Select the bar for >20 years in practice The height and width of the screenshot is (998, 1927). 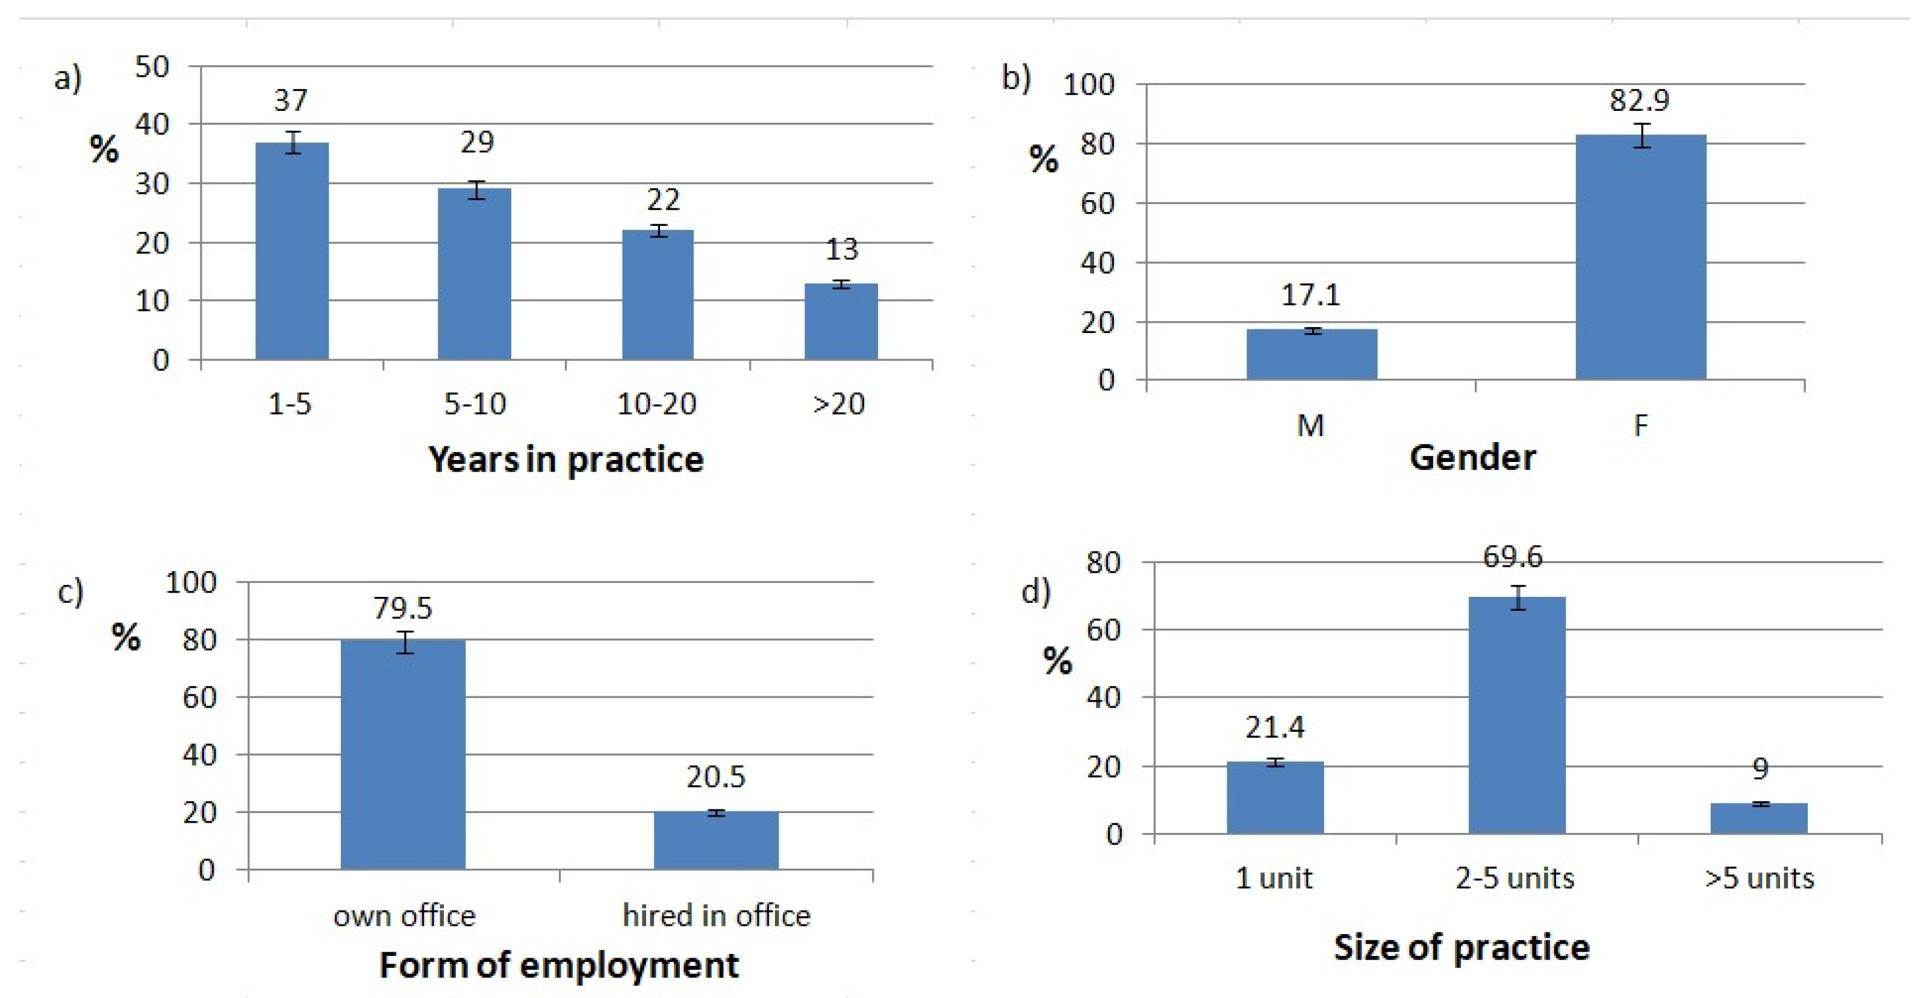(x=841, y=322)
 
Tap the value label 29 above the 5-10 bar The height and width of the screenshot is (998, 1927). (x=476, y=142)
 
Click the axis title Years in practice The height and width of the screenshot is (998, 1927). (x=565, y=460)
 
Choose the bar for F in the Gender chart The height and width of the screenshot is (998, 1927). (x=1641, y=258)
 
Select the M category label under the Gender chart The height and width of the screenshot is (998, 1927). (x=1310, y=426)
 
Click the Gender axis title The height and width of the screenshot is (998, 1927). (x=1472, y=457)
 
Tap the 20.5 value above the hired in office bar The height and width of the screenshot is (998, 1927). (x=716, y=778)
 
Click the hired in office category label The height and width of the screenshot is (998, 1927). (x=716, y=915)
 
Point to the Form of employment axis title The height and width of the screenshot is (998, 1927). (x=559, y=965)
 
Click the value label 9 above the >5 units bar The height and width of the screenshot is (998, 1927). (x=1761, y=769)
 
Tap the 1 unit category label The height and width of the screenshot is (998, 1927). (x=1274, y=878)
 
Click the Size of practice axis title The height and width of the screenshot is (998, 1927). (x=1461, y=947)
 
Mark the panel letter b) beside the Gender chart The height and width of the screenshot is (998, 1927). (x=1016, y=77)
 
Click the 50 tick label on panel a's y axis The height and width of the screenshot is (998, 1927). (x=152, y=67)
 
